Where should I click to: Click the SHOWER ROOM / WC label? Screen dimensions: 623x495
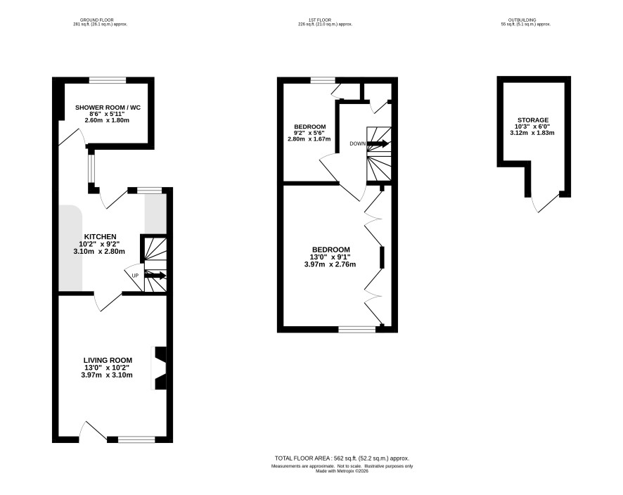108,108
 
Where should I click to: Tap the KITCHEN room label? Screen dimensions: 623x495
100,237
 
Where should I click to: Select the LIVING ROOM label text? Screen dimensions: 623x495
108,360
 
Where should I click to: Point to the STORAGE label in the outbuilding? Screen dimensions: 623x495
533,120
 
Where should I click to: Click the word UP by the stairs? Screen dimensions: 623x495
135,276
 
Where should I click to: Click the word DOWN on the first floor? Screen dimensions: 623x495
358,144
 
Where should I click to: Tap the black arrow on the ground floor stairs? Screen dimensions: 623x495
155,276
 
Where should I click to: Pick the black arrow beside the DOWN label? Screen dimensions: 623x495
378,143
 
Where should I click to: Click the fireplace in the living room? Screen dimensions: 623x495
160,368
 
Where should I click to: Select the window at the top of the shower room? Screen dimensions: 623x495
108,80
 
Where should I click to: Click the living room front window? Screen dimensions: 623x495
136,439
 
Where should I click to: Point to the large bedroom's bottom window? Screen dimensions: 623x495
357,329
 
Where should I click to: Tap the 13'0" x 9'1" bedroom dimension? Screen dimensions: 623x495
330,257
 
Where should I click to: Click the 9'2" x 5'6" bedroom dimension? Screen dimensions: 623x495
309,133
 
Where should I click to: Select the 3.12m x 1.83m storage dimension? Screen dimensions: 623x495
532,133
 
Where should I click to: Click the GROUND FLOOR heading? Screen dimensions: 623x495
97,20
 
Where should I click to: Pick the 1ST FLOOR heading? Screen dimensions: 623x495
320,20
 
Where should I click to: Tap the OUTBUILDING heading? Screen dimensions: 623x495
522,20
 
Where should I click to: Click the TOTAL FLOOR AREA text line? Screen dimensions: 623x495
342,458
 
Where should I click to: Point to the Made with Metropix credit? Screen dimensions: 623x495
342,471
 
